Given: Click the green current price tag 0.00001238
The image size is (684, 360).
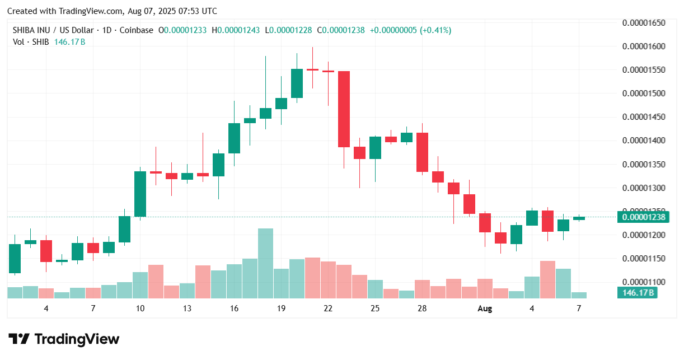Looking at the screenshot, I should [643, 217].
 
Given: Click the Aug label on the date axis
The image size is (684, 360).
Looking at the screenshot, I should [485, 308].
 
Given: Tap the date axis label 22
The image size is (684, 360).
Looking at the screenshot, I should [328, 308].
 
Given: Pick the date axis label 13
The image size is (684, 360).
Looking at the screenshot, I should [187, 308].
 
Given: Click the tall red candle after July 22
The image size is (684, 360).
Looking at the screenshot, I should [344, 109].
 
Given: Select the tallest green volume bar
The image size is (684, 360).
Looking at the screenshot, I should [265, 263].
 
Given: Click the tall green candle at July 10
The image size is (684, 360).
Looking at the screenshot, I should [140, 194].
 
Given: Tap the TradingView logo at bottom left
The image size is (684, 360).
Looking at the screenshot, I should [64, 339].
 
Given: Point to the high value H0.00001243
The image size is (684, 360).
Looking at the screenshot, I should [238, 30].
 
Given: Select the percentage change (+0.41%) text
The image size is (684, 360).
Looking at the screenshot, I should [435, 30].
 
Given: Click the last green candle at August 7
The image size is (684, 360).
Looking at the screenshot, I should [579, 218].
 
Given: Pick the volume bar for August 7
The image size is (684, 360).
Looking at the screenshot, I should [579, 295].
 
